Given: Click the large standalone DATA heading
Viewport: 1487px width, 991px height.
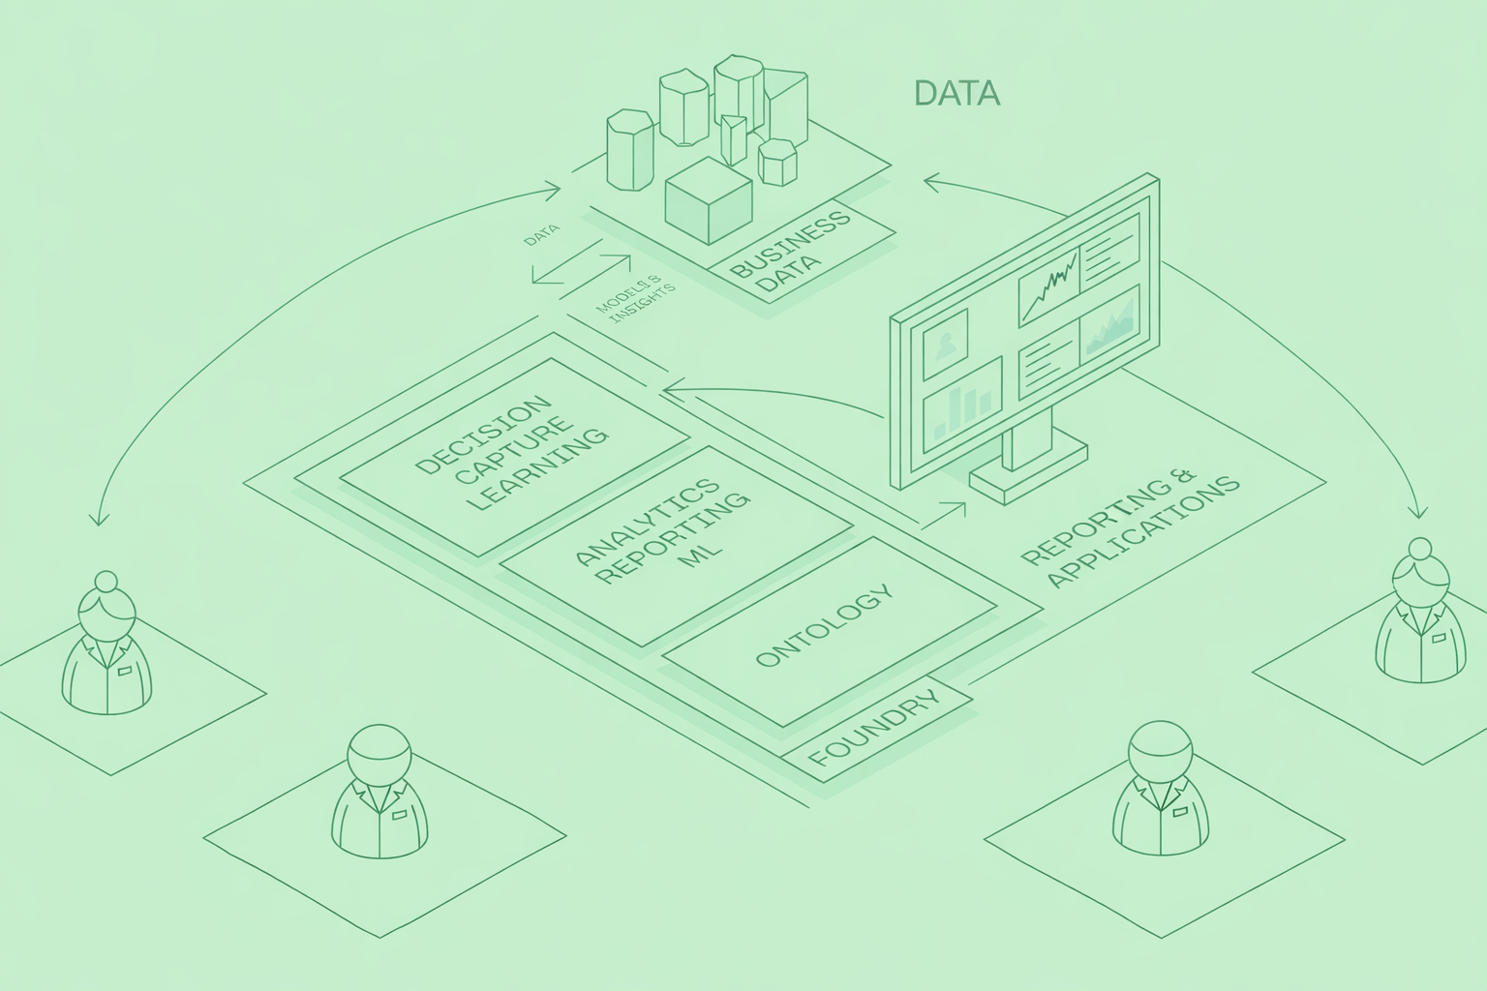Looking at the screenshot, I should [x=956, y=94].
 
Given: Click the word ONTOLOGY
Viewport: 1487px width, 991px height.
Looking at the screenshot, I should [x=823, y=627].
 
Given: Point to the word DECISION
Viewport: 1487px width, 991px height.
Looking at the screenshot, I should [x=482, y=434].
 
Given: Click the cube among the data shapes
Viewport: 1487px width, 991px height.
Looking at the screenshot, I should [x=708, y=200].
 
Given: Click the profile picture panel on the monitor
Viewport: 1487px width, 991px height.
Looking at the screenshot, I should [x=946, y=344].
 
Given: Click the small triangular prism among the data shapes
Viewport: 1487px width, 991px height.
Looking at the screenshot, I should [x=734, y=141].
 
